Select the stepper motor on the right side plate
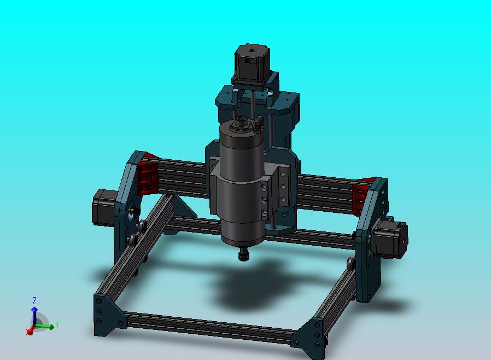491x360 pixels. click(x=390, y=240)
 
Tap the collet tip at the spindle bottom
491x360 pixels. click(x=244, y=255)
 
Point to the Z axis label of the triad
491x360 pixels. click(x=34, y=300)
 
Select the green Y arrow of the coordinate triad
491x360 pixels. click(x=47, y=327)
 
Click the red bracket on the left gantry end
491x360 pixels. click(x=147, y=177)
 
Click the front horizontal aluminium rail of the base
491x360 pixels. click(x=208, y=326)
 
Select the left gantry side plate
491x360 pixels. click(x=127, y=208)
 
